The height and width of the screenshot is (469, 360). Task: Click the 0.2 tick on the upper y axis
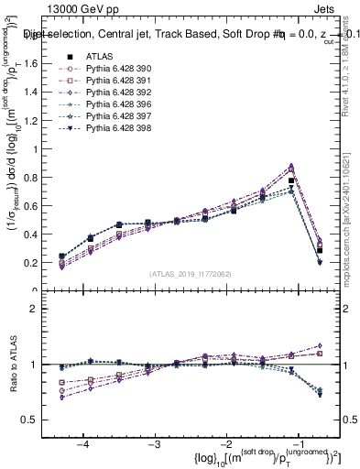(39, 263)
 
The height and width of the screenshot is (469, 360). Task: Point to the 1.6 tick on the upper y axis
(39, 63)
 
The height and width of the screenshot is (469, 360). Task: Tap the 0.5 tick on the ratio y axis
(39, 420)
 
